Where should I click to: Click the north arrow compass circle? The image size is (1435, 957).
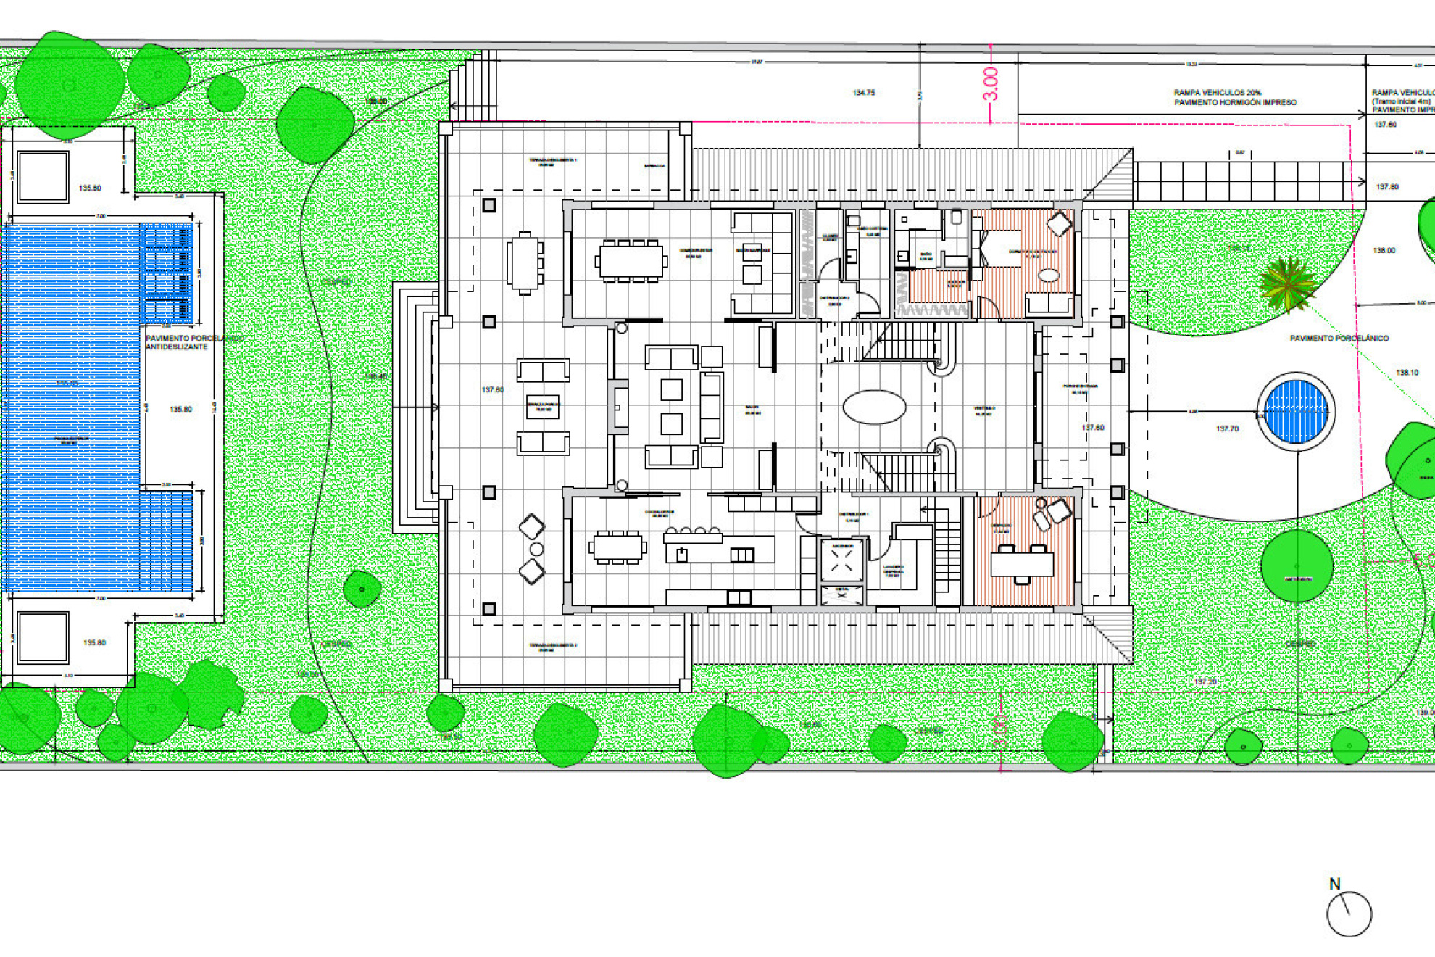point(1349,914)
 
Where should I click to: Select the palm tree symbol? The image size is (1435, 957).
point(1288,284)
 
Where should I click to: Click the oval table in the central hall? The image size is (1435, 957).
point(874,407)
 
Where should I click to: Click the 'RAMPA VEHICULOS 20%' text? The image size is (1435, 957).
point(1218,93)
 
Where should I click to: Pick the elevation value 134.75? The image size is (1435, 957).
point(863,93)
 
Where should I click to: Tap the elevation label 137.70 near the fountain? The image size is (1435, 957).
point(1227,428)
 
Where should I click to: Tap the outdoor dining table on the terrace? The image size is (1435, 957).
point(525,262)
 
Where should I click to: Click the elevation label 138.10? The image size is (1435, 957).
point(1407,373)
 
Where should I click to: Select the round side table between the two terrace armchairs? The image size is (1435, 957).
point(536,550)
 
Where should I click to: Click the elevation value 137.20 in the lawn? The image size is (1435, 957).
point(1205,681)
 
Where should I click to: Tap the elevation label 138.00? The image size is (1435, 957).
point(1384,250)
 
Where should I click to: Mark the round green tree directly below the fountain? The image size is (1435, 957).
point(1297,566)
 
